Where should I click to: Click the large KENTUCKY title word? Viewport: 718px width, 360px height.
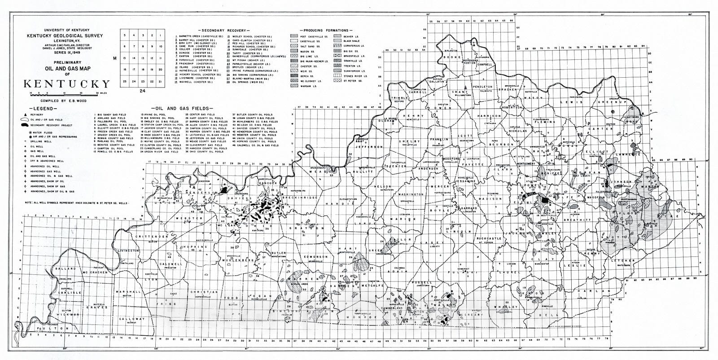[66, 84]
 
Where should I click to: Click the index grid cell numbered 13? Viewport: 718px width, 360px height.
[142, 58]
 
